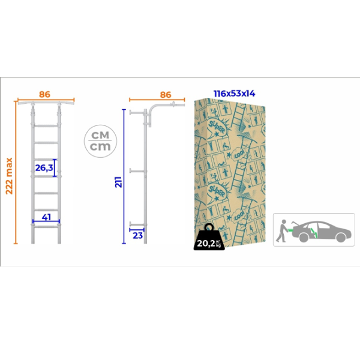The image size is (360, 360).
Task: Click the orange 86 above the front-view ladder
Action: [44, 94]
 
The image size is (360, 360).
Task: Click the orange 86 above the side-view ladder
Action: [166, 95]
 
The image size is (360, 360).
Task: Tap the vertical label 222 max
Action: [9, 176]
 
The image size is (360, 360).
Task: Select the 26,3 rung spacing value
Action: [44, 168]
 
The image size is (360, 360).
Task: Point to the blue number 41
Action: [46, 217]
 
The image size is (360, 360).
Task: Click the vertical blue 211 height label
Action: [118, 182]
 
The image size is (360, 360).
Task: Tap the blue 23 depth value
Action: [138, 236]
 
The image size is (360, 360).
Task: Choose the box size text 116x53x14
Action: [235, 94]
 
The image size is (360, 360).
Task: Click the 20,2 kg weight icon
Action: [209, 237]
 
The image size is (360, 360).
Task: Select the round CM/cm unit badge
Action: [100, 141]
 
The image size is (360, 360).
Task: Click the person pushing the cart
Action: [282, 231]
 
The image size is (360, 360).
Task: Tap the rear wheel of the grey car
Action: [304, 238]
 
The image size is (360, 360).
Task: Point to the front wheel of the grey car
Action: [341, 238]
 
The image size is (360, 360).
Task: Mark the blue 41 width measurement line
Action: [46, 221]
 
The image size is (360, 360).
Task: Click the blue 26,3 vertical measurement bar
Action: [55, 168]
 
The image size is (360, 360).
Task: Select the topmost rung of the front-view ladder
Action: [46, 126]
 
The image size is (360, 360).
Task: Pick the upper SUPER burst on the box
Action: [217, 128]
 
